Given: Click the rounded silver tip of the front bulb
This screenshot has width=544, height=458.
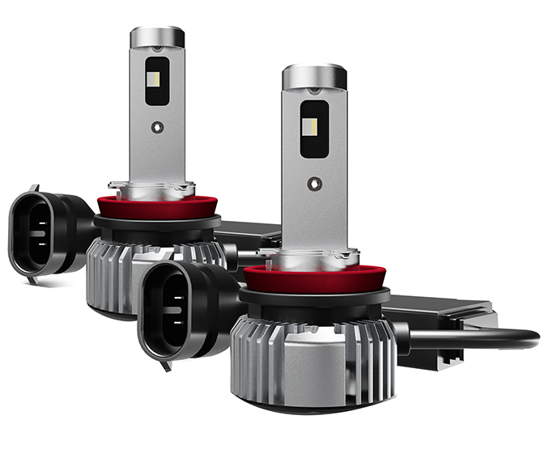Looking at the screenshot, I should pyautogui.click(x=314, y=77).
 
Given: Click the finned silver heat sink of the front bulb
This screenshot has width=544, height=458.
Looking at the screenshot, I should pyautogui.click(x=312, y=356).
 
